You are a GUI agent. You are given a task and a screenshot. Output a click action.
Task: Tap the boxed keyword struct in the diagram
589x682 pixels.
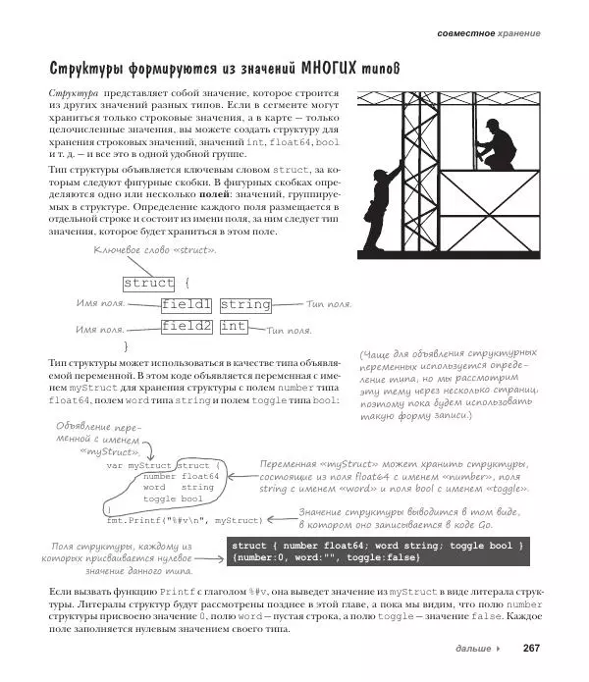[x=148, y=283]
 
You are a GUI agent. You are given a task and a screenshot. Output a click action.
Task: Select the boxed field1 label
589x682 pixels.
[x=187, y=304]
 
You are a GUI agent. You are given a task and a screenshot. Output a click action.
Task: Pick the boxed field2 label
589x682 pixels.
[x=187, y=326]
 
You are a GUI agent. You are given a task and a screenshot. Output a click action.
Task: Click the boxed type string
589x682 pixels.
[x=244, y=304]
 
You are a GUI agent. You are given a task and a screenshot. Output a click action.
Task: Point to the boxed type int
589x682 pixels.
[x=234, y=326]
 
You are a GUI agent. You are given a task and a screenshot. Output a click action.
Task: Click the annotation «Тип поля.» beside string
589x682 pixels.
[x=330, y=304]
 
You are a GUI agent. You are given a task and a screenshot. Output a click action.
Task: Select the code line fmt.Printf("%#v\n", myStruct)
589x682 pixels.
[x=184, y=520]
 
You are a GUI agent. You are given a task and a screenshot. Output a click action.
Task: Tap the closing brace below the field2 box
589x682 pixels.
[x=126, y=346]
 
